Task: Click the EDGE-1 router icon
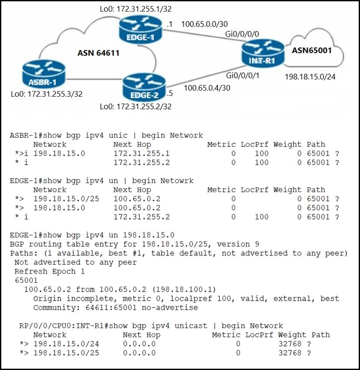click(x=141, y=29)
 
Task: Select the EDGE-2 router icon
click(x=144, y=87)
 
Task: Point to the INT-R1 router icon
click(x=263, y=53)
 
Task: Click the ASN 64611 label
click(x=98, y=53)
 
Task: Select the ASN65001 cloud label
click(x=312, y=50)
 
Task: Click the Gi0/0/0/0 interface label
click(x=242, y=34)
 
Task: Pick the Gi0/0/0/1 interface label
click(x=243, y=75)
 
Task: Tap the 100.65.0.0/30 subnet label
click(x=205, y=24)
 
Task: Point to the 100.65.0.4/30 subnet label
click(x=207, y=88)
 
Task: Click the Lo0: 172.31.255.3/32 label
click(x=47, y=94)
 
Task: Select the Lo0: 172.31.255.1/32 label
click(x=136, y=9)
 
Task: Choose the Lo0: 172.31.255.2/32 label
click(x=136, y=106)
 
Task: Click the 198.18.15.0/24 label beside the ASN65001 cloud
click(x=310, y=77)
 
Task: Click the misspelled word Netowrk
click(x=177, y=181)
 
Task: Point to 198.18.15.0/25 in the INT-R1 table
click(x=66, y=353)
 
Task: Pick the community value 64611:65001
click(x=111, y=308)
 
